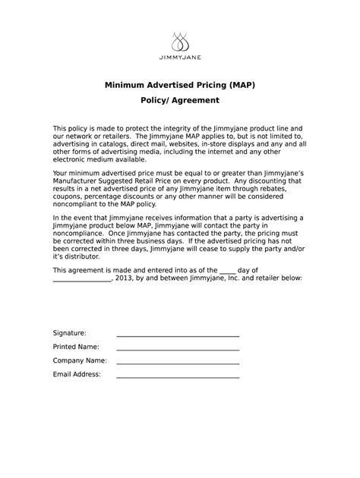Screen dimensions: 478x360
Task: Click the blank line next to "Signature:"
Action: (x=177, y=335)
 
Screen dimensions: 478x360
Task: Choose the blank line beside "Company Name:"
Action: (x=177, y=362)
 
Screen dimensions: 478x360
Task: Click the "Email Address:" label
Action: (x=77, y=374)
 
